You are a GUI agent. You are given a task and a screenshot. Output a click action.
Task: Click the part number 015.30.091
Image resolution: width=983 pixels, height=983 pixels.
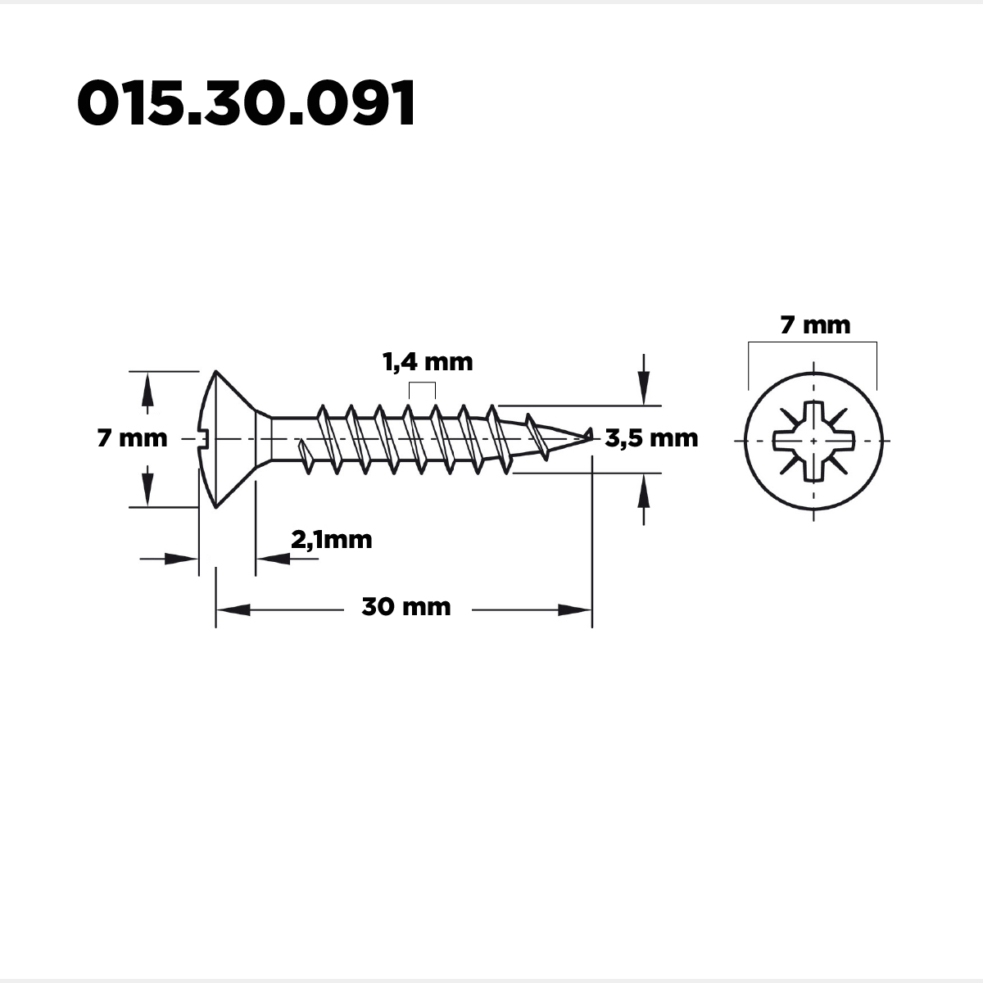pos(246,103)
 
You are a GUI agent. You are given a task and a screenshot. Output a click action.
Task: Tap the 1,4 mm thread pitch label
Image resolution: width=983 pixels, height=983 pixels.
pos(428,362)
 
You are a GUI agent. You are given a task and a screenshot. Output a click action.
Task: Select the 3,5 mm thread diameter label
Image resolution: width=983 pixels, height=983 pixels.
pos(651,438)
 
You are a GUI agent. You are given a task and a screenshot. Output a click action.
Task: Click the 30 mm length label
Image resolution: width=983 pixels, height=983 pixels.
pos(406,607)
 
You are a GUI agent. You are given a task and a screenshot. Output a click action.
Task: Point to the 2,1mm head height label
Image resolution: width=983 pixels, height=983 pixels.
pos(332,540)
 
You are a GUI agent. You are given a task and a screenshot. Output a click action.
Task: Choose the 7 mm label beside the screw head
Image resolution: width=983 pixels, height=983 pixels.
pos(132,438)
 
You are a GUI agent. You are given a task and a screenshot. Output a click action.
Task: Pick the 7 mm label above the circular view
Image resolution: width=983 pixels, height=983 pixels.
pos(815,325)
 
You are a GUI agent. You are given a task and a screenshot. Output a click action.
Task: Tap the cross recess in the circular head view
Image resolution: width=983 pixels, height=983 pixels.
pos(813,442)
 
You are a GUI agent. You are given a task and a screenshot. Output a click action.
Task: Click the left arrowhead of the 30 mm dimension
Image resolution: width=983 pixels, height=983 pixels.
pos(233,609)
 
